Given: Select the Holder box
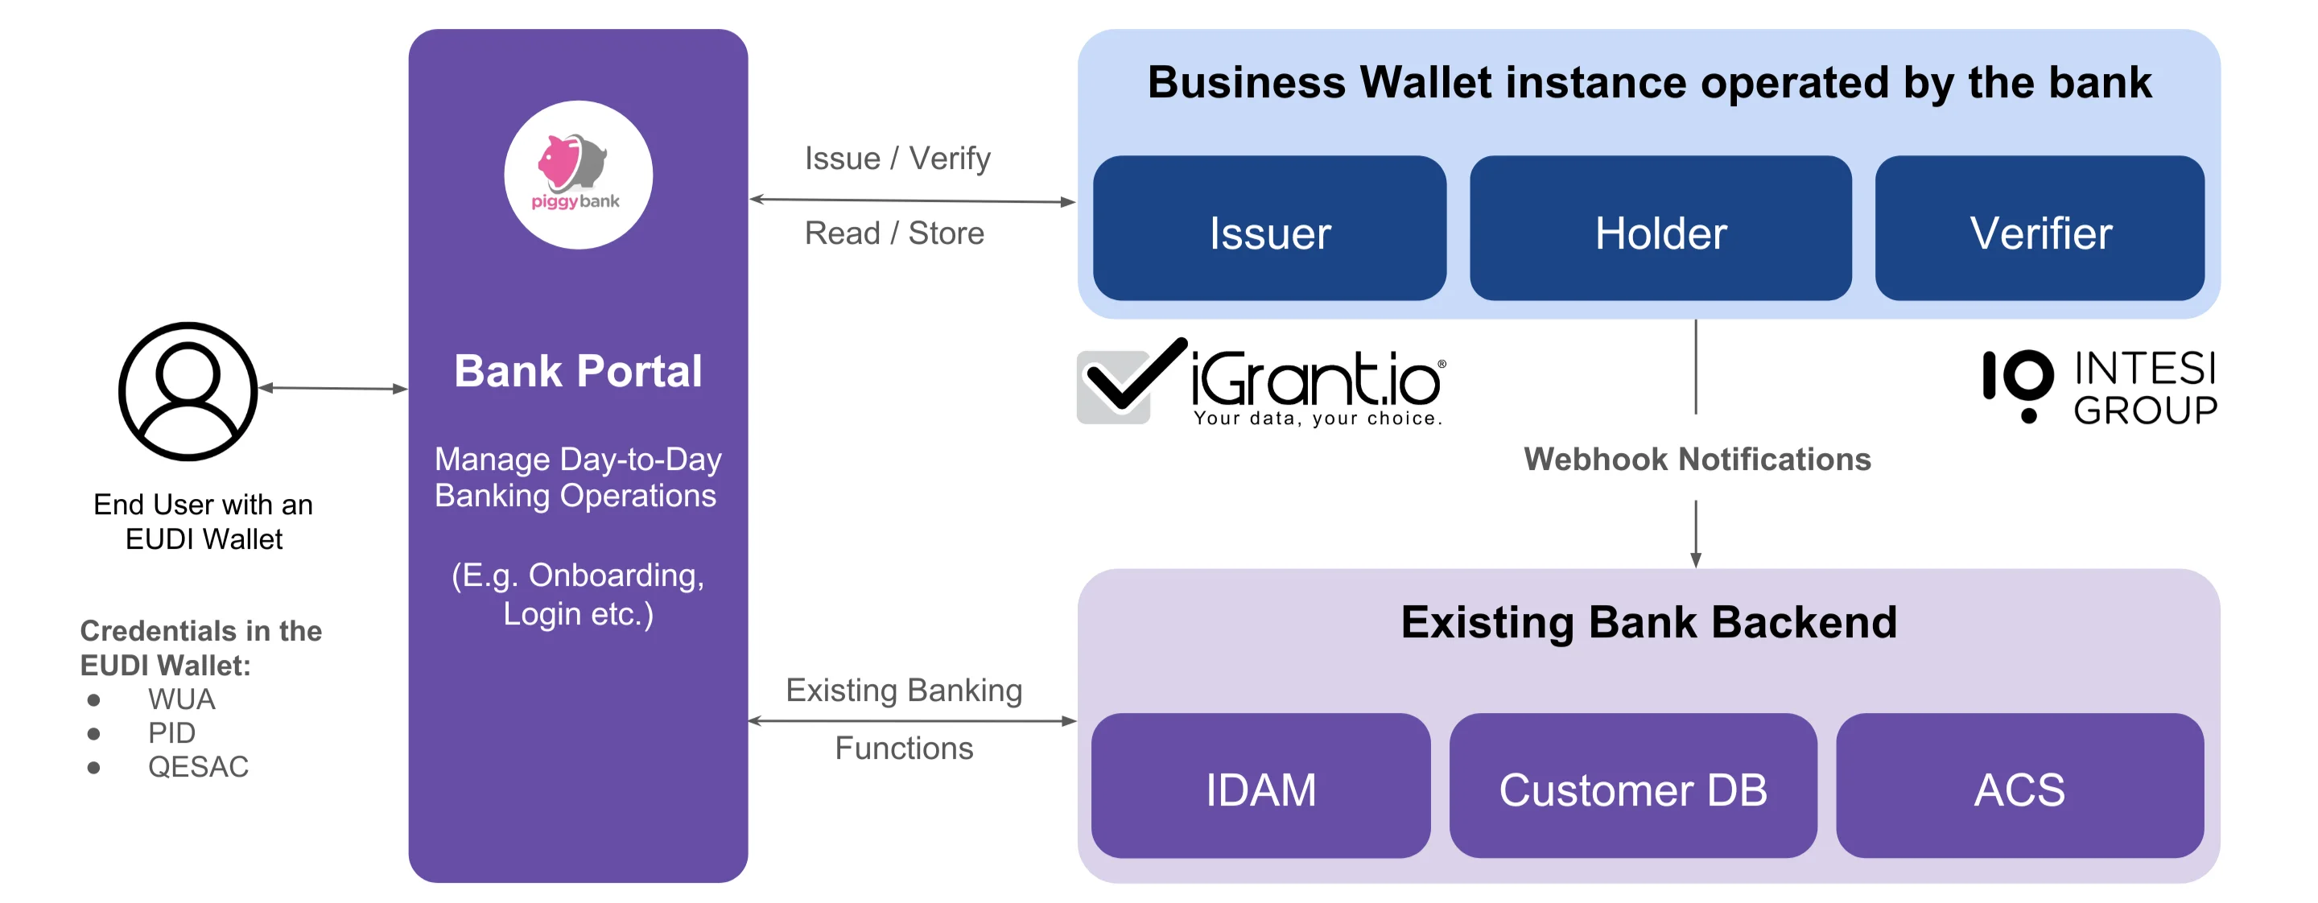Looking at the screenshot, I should (1660, 229).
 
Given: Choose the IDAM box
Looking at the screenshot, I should (1260, 786).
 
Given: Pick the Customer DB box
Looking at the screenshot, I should (1632, 786).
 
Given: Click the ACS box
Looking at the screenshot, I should (2019, 786).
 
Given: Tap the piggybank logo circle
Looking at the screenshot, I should (578, 175).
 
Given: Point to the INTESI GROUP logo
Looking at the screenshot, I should (2100, 387).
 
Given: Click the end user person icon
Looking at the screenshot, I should (188, 391).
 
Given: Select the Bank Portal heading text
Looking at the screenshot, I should (578, 370).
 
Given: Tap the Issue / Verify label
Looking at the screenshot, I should (897, 159).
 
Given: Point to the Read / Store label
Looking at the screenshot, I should (894, 233).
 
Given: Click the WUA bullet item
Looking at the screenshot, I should (181, 699).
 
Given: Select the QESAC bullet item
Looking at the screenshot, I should (198, 766).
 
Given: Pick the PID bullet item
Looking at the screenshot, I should (171, 732).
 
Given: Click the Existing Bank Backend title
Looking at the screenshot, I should (1648, 621).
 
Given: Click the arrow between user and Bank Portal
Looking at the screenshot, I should (333, 388).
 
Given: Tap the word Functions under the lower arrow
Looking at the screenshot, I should (903, 748).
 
